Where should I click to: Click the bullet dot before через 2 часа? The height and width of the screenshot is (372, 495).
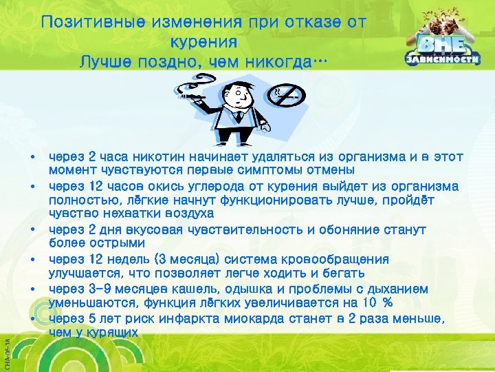[32, 158]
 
